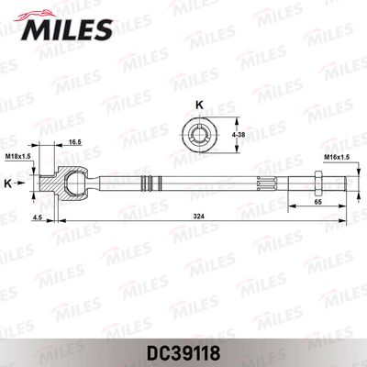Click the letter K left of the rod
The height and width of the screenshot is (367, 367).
pos(8,183)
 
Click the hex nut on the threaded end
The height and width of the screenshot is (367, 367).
pos(317,182)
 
